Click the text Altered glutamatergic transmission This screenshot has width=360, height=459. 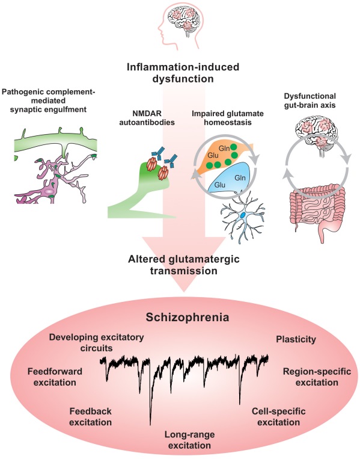[x=180, y=265]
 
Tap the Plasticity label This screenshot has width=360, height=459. [x=296, y=339]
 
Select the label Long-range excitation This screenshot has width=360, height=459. [x=180, y=440]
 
